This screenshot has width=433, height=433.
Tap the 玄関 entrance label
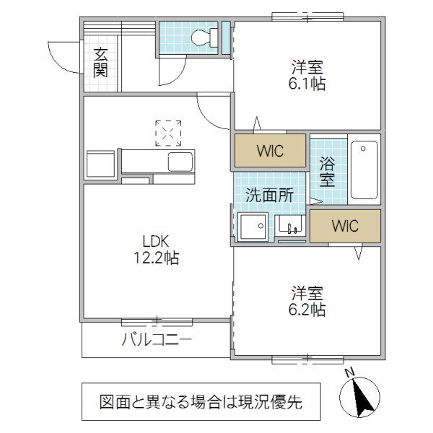[100, 62]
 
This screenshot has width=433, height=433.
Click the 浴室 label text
[327, 171]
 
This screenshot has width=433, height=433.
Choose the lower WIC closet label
[344, 226]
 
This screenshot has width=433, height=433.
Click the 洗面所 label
[268, 194]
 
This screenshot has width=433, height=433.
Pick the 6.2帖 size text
[307, 310]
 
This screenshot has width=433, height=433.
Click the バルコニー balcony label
[156, 339]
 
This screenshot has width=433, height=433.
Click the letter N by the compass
[349, 373]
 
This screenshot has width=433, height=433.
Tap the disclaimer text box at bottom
[201, 401]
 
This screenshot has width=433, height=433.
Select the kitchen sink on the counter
[180, 162]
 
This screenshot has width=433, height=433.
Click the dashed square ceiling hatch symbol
[168, 133]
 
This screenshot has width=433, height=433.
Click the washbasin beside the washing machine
[292, 228]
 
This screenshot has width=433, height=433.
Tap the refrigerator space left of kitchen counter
[101, 164]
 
